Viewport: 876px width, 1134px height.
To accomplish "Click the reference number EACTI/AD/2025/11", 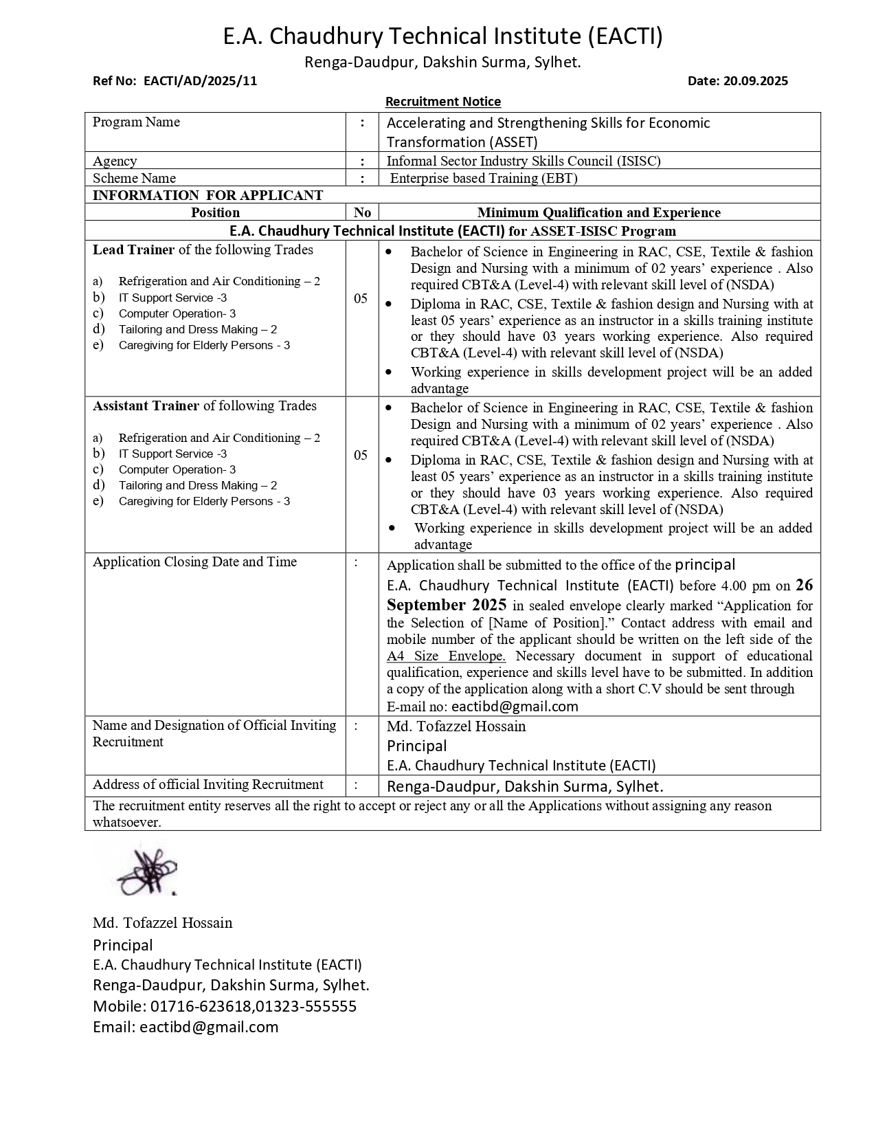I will pyautogui.click(x=200, y=80).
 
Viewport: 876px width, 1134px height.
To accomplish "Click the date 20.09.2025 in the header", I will pyautogui.click(x=755, y=80).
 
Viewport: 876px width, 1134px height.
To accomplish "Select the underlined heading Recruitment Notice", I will pyautogui.click(x=442, y=102).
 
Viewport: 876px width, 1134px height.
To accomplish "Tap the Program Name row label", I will pyautogui.click(x=136, y=122).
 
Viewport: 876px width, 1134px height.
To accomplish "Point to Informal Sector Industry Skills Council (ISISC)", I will pyautogui.click(x=524, y=161).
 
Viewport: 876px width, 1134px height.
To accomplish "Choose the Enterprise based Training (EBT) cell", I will pyautogui.click(x=484, y=178).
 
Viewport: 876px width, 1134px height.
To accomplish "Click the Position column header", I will pyautogui.click(x=215, y=212).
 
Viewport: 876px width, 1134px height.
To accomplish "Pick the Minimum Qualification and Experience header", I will pyautogui.click(x=598, y=212).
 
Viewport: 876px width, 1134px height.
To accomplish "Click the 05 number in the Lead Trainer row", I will pyautogui.click(x=361, y=298).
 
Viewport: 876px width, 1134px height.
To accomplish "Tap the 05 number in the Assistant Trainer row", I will pyautogui.click(x=361, y=455).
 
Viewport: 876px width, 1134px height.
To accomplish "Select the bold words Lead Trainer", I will pyautogui.click(x=134, y=250).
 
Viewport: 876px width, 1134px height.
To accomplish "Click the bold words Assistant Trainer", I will pyautogui.click(x=146, y=406).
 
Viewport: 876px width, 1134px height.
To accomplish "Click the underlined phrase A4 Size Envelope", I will pyautogui.click(x=446, y=656).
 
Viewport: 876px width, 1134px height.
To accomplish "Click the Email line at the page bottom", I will pyautogui.click(x=186, y=1027).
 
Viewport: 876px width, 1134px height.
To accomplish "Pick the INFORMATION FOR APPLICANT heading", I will pyautogui.click(x=207, y=195).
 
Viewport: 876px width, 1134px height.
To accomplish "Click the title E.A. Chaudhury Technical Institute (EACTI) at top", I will pyautogui.click(x=442, y=36).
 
